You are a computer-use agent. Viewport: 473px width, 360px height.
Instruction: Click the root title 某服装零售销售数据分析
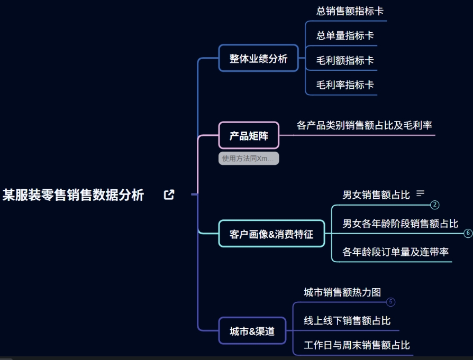click(x=74, y=195)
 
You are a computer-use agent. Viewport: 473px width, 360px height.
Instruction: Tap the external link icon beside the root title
click(x=169, y=195)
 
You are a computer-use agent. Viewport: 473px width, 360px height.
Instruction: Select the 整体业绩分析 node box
click(x=259, y=58)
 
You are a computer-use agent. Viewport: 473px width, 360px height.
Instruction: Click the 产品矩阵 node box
click(x=249, y=135)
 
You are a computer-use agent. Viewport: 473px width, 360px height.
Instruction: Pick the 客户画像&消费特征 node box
click(x=271, y=234)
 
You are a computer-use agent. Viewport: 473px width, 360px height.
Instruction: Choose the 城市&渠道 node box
click(x=252, y=331)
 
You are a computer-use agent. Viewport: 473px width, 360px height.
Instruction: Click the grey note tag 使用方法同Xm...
click(x=249, y=159)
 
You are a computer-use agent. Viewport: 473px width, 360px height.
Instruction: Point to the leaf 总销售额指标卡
click(x=350, y=11)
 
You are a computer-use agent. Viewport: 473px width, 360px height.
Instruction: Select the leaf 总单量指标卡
click(x=345, y=35)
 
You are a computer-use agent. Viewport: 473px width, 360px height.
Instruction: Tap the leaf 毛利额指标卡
click(x=345, y=60)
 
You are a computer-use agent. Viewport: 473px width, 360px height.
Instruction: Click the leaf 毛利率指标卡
click(x=345, y=85)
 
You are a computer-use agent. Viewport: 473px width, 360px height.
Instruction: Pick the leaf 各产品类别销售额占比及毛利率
click(x=365, y=125)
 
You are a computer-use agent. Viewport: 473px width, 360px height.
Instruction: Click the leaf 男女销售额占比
click(x=376, y=195)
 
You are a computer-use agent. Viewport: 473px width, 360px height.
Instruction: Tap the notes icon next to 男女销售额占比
click(x=421, y=193)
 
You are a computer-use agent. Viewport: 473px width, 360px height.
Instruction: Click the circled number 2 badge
click(x=435, y=205)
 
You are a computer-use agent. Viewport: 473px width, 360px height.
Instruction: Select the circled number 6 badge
click(x=468, y=233)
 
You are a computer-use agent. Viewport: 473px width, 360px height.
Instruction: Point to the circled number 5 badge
click(x=390, y=302)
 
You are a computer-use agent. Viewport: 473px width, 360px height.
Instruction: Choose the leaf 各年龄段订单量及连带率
click(x=395, y=252)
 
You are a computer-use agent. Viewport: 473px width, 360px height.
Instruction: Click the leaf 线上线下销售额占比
click(x=347, y=320)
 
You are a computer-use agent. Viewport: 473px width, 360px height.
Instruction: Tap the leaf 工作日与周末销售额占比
click(x=357, y=345)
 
